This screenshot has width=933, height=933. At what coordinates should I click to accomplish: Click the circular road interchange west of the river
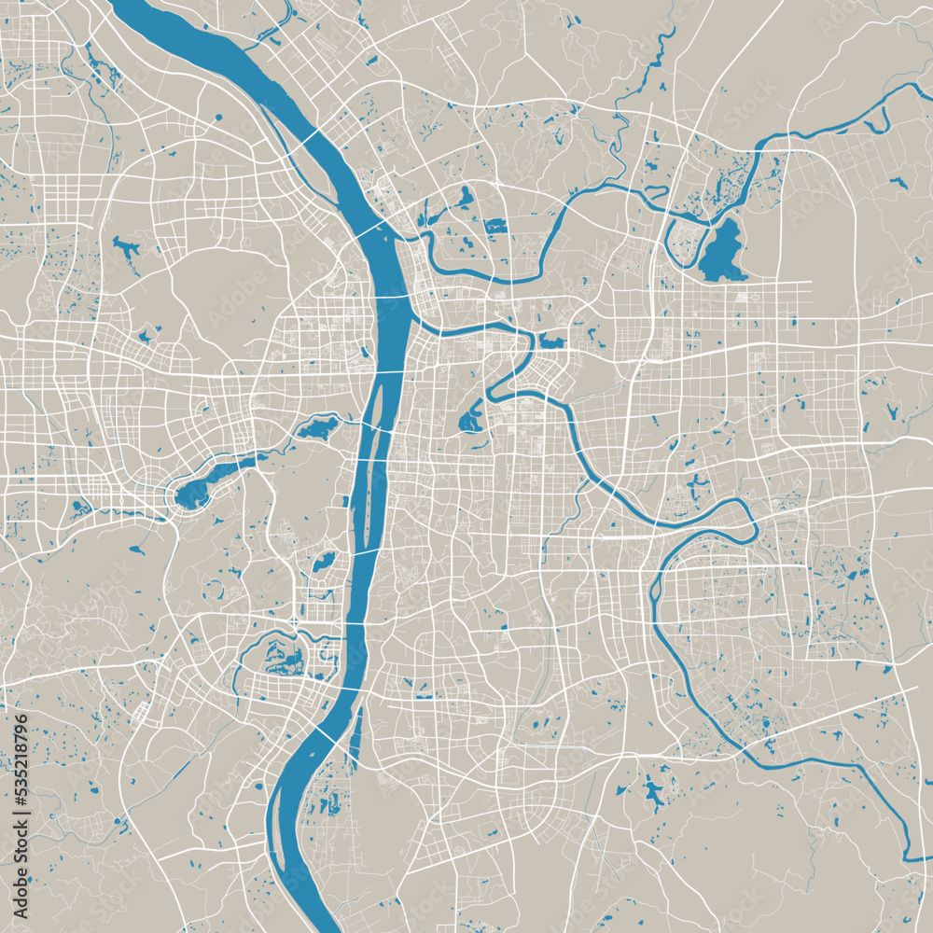click(294, 621)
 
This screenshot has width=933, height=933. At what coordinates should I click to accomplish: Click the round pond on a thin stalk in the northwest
click(218, 118)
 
